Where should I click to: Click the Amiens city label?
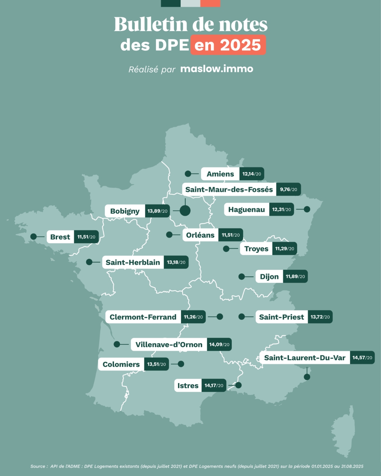point(220,174)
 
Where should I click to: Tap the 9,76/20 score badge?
point(288,189)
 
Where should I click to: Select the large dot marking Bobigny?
point(185,210)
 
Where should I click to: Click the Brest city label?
point(60,237)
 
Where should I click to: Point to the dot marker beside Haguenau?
point(307,209)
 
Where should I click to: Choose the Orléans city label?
point(200,235)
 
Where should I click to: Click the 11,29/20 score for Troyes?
point(284,249)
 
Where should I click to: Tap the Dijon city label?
point(269,277)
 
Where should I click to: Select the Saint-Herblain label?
point(133,262)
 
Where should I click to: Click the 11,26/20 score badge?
point(193,317)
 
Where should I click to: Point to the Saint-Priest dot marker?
point(241,317)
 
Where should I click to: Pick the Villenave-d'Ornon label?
point(169,344)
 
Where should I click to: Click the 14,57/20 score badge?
point(362,358)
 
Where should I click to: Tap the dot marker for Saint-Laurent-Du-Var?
point(307,377)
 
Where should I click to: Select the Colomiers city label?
point(121,364)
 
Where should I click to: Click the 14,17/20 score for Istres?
point(214,385)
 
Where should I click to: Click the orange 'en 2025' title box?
point(228,45)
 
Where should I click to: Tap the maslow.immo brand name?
point(217,69)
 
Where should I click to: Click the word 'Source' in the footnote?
point(38,466)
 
